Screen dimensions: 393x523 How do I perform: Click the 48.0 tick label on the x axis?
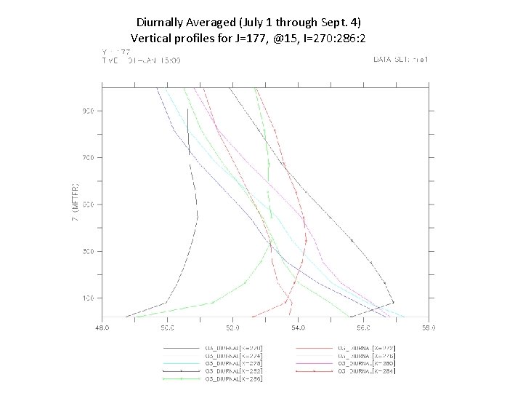pyautogui.click(x=102, y=328)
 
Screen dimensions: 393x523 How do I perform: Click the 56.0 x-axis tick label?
pyautogui.click(x=363, y=328)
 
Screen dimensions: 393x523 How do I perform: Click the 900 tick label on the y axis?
pyautogui.click(x=87, y=111)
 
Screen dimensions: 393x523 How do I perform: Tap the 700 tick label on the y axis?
pyautogui.click(x=87, y=157)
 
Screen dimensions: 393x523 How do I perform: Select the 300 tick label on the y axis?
pyautogui.click(x=87, y=251)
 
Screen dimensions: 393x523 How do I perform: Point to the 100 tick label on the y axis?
pyautogui.click(x=87, y=298)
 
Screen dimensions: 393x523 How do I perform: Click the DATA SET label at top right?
pyautogui.click(x=400, y=60)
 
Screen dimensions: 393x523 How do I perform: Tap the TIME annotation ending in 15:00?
pyautogui.click(x=141, y=60)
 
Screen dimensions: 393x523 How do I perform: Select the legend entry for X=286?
pyautogui.click(x=235, y=379)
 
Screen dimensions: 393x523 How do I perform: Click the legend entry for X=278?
pyautogui.click(x=235, y=363)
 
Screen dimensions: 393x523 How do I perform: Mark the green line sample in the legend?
pyautogui.click(x=182, y=379)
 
